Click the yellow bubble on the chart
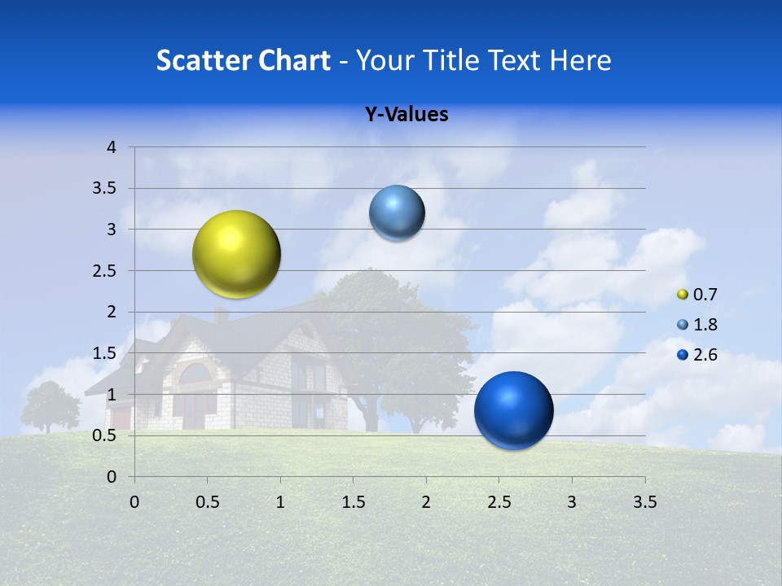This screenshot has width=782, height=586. (x=236, y=254)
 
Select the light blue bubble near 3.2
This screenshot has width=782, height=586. (x=397, y=213)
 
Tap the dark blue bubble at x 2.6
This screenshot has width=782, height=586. (x=513, y=410)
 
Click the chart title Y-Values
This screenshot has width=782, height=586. (x=406, y=115)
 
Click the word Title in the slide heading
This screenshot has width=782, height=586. (x=450, y=60)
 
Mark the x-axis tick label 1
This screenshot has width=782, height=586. (x=280, y=502)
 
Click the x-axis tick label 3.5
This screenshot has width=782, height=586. (x=644, y=502)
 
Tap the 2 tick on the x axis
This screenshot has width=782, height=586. (x=426, y=502)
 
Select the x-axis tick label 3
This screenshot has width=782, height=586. (x=572, y=502)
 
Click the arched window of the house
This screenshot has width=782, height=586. (x=195, y=375)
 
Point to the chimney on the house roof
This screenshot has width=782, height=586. (x=221, y=315)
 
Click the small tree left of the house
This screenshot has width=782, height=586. (x=50, y=405)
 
